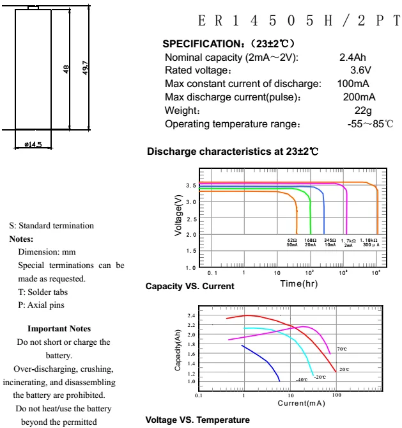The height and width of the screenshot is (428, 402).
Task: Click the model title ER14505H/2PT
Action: [x=298, y=21]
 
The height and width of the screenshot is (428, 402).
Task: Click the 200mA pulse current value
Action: [x=359, y=97]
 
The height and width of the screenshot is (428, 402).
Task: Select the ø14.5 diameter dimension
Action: [x=33, y=145]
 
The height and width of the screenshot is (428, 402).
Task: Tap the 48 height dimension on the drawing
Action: [x=66, y=68]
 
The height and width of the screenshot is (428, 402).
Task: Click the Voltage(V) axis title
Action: [x=180, y=218]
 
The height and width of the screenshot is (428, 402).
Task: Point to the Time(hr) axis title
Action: [x=298, y=283]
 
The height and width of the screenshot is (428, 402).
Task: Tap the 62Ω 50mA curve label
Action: [x=292, y=242]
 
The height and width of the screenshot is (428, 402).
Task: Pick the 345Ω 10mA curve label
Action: [x=330, y=242]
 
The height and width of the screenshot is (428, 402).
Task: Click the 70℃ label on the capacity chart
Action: [x=342, y=349]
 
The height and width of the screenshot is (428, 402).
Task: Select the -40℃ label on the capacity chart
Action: [x=301, y=380]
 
